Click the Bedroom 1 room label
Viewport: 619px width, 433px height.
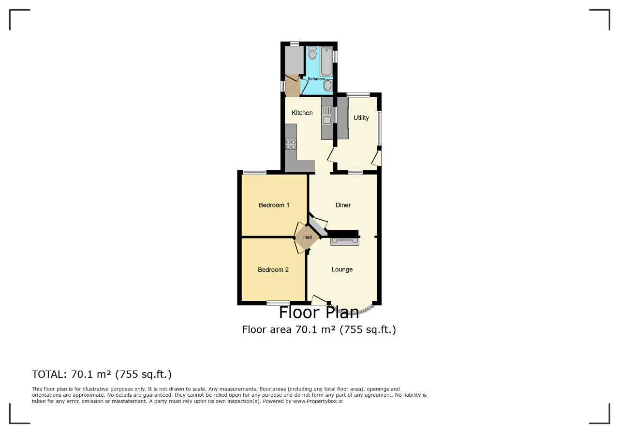pyautogui.click(x=274, y=205)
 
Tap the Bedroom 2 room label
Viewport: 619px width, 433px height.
pyautogui.click(x=273, y=270)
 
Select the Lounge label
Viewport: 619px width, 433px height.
pyautogui.click(x=342, y=269)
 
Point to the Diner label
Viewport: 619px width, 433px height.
pyautogui.click(x=343, y=205)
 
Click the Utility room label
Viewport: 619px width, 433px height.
pyautogui.click(x=361, y=118)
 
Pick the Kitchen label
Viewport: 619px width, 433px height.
pyautogui.click(x=302, y=113)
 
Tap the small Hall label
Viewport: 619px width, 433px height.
pyautogui.click(x=307, y=237)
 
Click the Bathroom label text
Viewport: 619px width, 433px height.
pyautogui.click(x=316, y=79)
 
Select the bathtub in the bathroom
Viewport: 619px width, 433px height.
pyautogui.click(x=326, y=61)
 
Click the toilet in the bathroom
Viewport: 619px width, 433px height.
pyautogui.click(x=312, y=53)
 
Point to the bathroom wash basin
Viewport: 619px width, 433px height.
pyautogui.click(x=327, y=85)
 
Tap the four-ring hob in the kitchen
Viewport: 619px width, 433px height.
pyautogui.click(x=291, y=145)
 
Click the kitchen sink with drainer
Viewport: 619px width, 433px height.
pyautogui.click(x=326, y=115)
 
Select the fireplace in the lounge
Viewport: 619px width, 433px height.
pyautogui.click(x=345, y=241)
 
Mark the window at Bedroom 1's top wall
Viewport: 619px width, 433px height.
pyautogui.click(x=255, y=173)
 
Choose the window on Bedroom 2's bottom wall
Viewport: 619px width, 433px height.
pyautogui.click(x=278, y=303)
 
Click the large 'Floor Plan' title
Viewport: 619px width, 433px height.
pyautogui.click(x=319, y=313)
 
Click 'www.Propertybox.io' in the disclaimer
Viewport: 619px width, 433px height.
pyautogui.click(x=318, y=401)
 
